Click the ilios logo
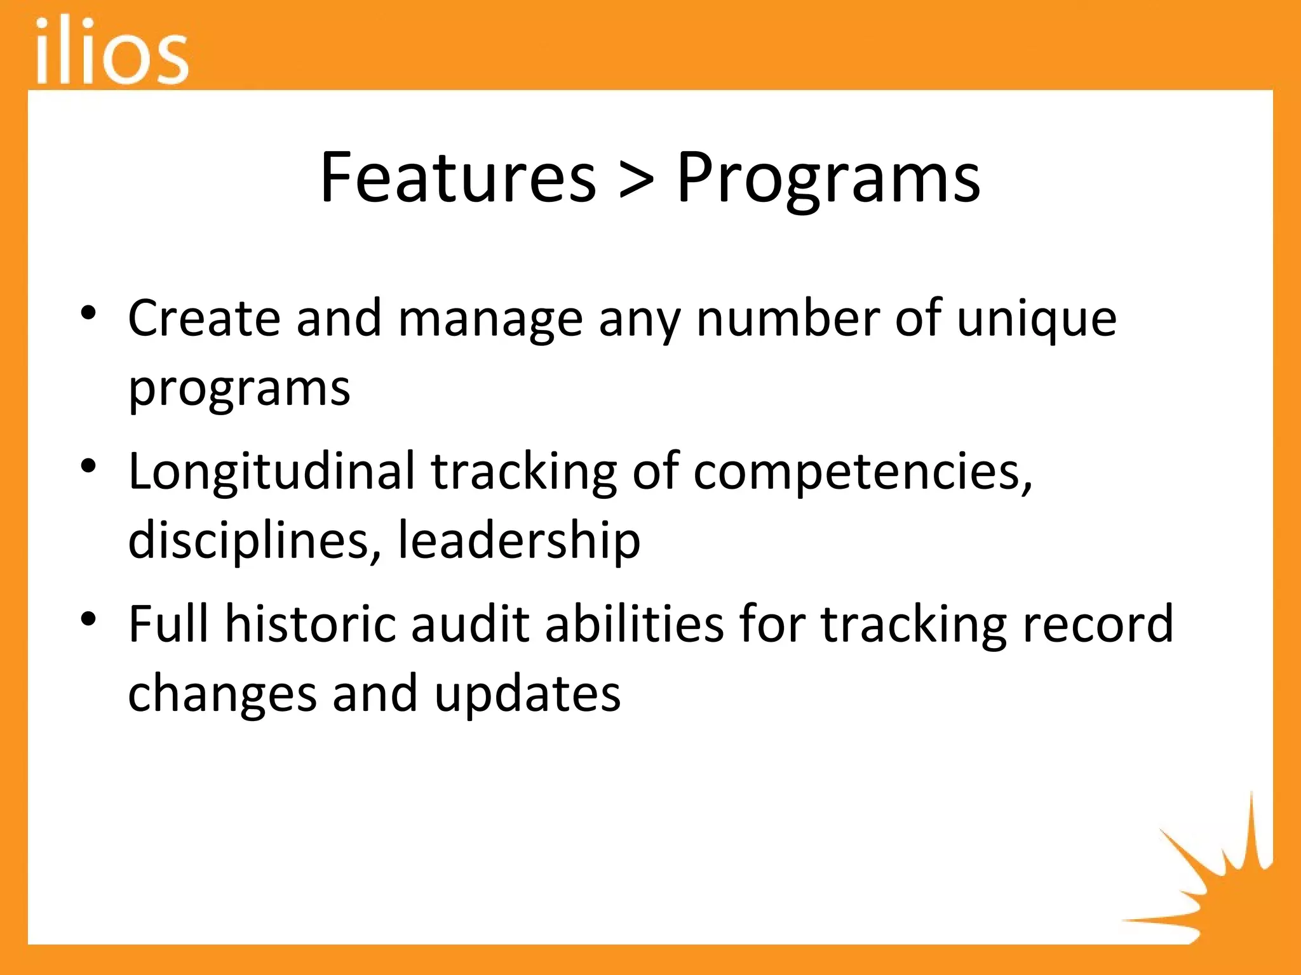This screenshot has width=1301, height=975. (112, 51)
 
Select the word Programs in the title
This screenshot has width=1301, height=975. (828, 179)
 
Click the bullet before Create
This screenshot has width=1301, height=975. (88, 312)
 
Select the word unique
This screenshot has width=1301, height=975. (1036, 319)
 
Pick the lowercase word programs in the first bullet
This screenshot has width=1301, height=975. (239, 388)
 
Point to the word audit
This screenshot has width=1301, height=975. (471, 624)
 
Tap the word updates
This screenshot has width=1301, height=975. (527, 694)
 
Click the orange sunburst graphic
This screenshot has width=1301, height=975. (1207, 882)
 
